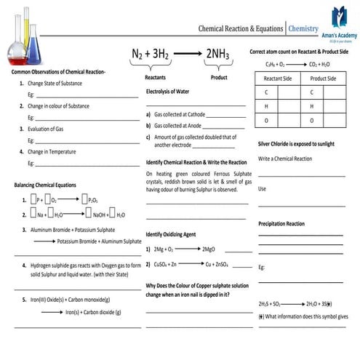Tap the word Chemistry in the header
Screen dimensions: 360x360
click(303, 28)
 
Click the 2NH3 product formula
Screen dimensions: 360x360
click(219, 55)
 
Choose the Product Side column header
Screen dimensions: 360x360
click(323, 78)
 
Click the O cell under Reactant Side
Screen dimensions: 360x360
click(266, 120)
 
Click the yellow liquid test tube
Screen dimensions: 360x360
click(31, 29)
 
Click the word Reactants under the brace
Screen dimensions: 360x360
click(156, 76)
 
